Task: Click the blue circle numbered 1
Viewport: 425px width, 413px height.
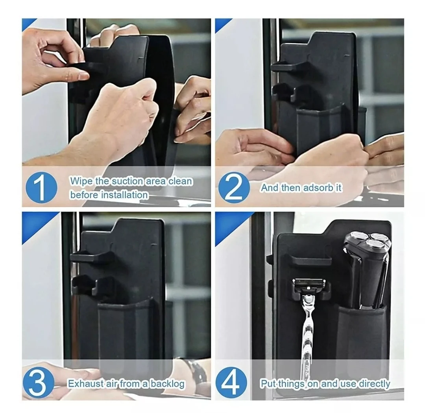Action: click(41, 188)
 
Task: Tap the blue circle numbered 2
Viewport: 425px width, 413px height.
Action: click(234, 188)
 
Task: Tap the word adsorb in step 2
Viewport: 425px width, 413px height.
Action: click(318, 188)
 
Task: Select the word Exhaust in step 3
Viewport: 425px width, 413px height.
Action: click(84, 384)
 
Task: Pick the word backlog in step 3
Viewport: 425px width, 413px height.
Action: click(168, 384)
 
